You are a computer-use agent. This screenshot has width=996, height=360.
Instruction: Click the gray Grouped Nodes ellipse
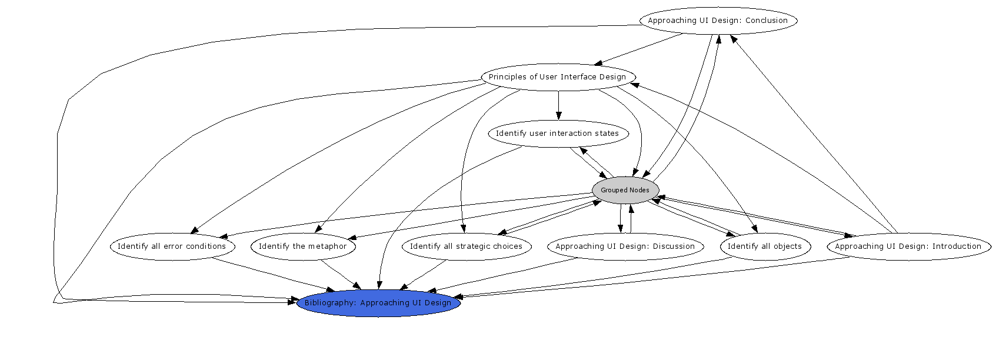(x=625, y=190)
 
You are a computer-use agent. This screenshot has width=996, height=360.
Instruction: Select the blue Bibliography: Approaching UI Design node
(x=378, y=303)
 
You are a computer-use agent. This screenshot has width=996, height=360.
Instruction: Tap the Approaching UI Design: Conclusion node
(x=718, y=21)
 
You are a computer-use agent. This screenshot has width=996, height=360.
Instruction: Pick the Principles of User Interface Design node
(x=558, y=77)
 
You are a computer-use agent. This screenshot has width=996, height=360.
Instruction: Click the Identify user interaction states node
(x=558, y=134)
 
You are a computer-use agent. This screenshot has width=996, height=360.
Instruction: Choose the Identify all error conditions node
(x=172, y=246)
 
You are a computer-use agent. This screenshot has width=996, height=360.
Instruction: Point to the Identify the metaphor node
(x=303, y=246)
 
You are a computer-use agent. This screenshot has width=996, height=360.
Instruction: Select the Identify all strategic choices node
(x=466, y=246)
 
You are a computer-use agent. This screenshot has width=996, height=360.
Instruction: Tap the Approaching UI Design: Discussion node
(x=625, y=246)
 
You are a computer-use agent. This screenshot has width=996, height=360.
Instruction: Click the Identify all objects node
(x=765, y=246)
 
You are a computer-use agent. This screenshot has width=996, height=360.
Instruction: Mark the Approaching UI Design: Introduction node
(x=908, y=246)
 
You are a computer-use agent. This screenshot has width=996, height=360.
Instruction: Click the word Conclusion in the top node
(x=767, y=21)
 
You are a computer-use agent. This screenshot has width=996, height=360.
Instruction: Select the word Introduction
(x=957, y=246)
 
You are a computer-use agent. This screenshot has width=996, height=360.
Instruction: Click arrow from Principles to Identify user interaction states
(x=558, y=106)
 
